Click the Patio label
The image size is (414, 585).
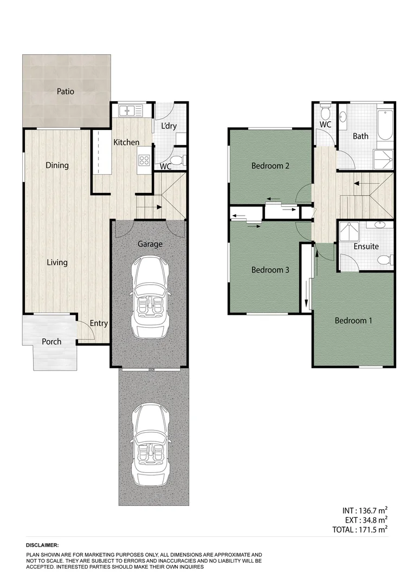coord(66,92)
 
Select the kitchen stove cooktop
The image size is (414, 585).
coord(145,160)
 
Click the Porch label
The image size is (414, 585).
coord(51,342)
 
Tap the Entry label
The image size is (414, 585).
coord(99,323)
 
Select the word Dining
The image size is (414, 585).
coord(57,165)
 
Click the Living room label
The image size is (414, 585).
coord(57,263)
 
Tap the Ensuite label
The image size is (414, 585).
coord(366,246)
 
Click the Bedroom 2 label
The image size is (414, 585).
coord(270,166)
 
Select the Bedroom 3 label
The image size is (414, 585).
coord(270,270)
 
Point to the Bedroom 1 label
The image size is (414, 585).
coord(353,321)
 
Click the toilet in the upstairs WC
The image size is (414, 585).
coord(325,113)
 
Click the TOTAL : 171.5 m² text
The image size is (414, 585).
coord(360,530)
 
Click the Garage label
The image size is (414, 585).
coord(150,244)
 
